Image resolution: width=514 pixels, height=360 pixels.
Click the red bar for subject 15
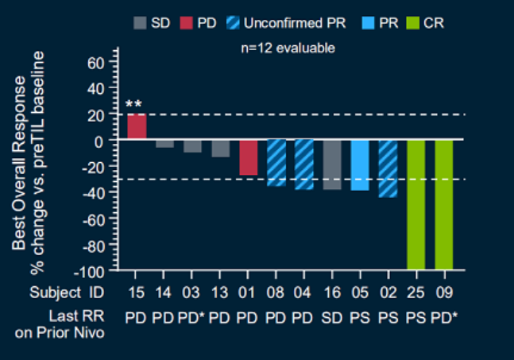pos(137,127)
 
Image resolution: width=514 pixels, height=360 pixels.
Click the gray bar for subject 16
pos(332,165)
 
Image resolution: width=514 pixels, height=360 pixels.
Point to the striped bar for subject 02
pos(388,168)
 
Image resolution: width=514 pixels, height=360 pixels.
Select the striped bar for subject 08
pos(276,163)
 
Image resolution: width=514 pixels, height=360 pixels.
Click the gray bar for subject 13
pos(221,148)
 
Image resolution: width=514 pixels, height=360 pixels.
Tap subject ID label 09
pos(444,292)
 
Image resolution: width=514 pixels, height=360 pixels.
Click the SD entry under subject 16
pos(332,318)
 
